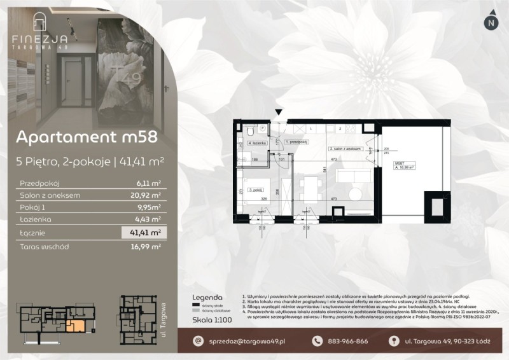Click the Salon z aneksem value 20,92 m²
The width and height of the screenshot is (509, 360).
click(146, 195)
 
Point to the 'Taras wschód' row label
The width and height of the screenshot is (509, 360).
click(45, 246)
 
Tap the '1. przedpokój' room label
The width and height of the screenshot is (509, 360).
click(296, 142)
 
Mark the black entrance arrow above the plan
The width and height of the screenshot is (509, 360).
click(278, 113)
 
